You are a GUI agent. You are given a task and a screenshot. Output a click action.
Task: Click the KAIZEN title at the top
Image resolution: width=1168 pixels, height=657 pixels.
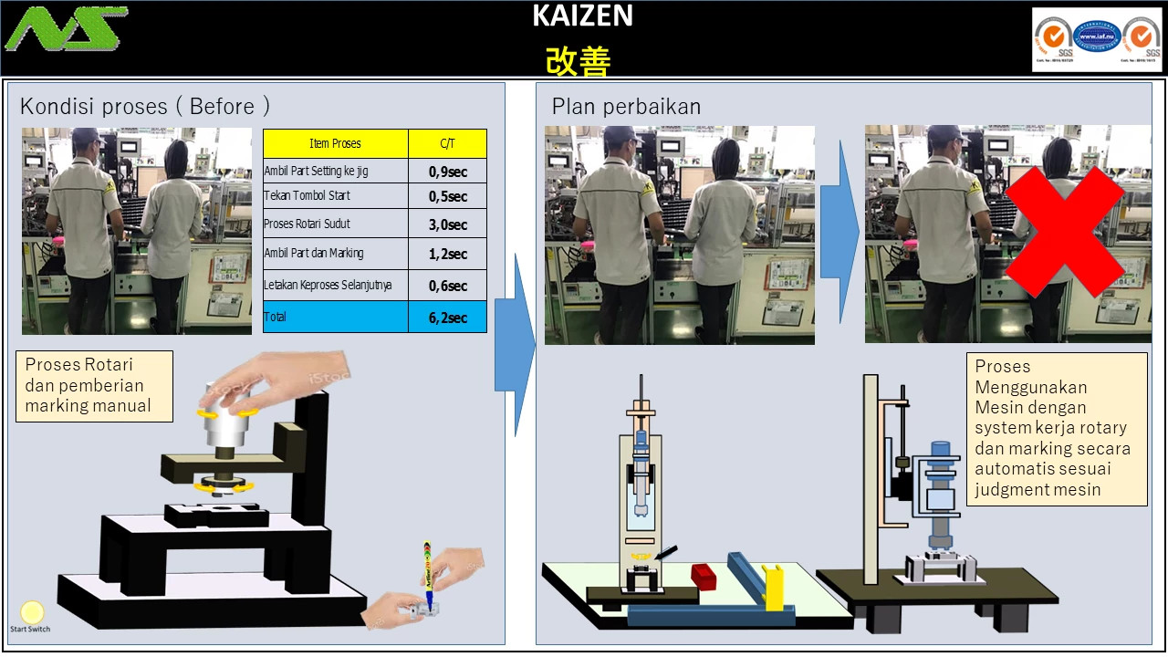tap(583, 16)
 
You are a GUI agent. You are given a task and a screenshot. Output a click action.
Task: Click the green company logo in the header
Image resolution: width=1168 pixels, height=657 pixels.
tap(66, 29)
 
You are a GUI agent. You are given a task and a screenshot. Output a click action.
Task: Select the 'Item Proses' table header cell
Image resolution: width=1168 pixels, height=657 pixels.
tap(335, 143)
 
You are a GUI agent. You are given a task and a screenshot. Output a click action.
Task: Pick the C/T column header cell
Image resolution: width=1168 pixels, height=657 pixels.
tap(447, 143)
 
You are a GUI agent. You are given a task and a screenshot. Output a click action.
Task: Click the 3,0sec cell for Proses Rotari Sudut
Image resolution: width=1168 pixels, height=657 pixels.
tap(447, 224)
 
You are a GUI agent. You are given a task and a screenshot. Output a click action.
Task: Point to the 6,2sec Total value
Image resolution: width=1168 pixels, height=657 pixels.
tap(447, 318)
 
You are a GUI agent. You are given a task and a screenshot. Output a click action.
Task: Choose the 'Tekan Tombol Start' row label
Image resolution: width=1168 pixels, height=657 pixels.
tap(308, 196)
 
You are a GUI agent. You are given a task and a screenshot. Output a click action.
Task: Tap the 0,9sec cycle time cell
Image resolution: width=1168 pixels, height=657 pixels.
tap(447, 171)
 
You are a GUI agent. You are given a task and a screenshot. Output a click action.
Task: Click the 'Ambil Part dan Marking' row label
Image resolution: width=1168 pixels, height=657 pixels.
tap(314, 253)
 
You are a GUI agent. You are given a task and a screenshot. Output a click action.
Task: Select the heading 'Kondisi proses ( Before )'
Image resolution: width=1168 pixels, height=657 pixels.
tap(145, 106)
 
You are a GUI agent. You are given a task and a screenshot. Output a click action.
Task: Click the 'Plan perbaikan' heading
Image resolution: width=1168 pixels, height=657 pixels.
tap(626, 106)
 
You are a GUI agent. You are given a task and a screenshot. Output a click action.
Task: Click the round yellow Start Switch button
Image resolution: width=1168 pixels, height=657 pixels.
tap(32, 611)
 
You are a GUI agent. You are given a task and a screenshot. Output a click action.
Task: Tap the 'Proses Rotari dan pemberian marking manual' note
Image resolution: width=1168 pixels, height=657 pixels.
tap(94, 386)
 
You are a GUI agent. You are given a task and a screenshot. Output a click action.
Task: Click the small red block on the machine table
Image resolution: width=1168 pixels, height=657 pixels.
tap(704, 576)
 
